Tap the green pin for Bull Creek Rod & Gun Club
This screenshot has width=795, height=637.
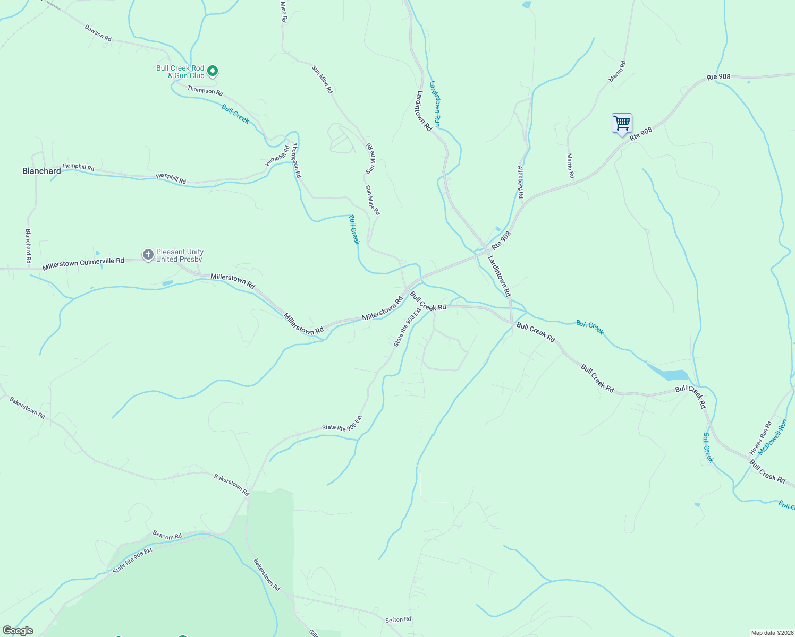[212, 71]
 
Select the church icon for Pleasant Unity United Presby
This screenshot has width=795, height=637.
[148, 255]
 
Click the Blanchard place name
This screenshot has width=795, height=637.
[41, 171]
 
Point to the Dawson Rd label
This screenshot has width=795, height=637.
[98, 33]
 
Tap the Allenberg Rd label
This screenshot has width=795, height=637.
[521, 182]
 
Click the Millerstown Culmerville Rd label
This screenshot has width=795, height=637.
[83, 263]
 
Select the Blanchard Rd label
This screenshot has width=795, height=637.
[28, 246]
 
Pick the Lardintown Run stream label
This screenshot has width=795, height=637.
[435, 104]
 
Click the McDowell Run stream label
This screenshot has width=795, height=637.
[772, 437]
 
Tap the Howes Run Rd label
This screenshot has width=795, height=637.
[760, 438]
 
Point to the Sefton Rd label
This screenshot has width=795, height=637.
[398, 619]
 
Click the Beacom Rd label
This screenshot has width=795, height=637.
[167, 536]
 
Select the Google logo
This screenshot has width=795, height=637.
[18, 631]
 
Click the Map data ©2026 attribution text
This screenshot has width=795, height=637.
[772, 633]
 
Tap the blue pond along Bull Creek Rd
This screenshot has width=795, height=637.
[670, 374]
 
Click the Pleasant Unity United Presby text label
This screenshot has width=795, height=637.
[179, 256]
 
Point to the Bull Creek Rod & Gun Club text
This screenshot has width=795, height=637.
[180, 72]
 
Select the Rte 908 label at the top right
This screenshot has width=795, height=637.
[718, 77]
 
